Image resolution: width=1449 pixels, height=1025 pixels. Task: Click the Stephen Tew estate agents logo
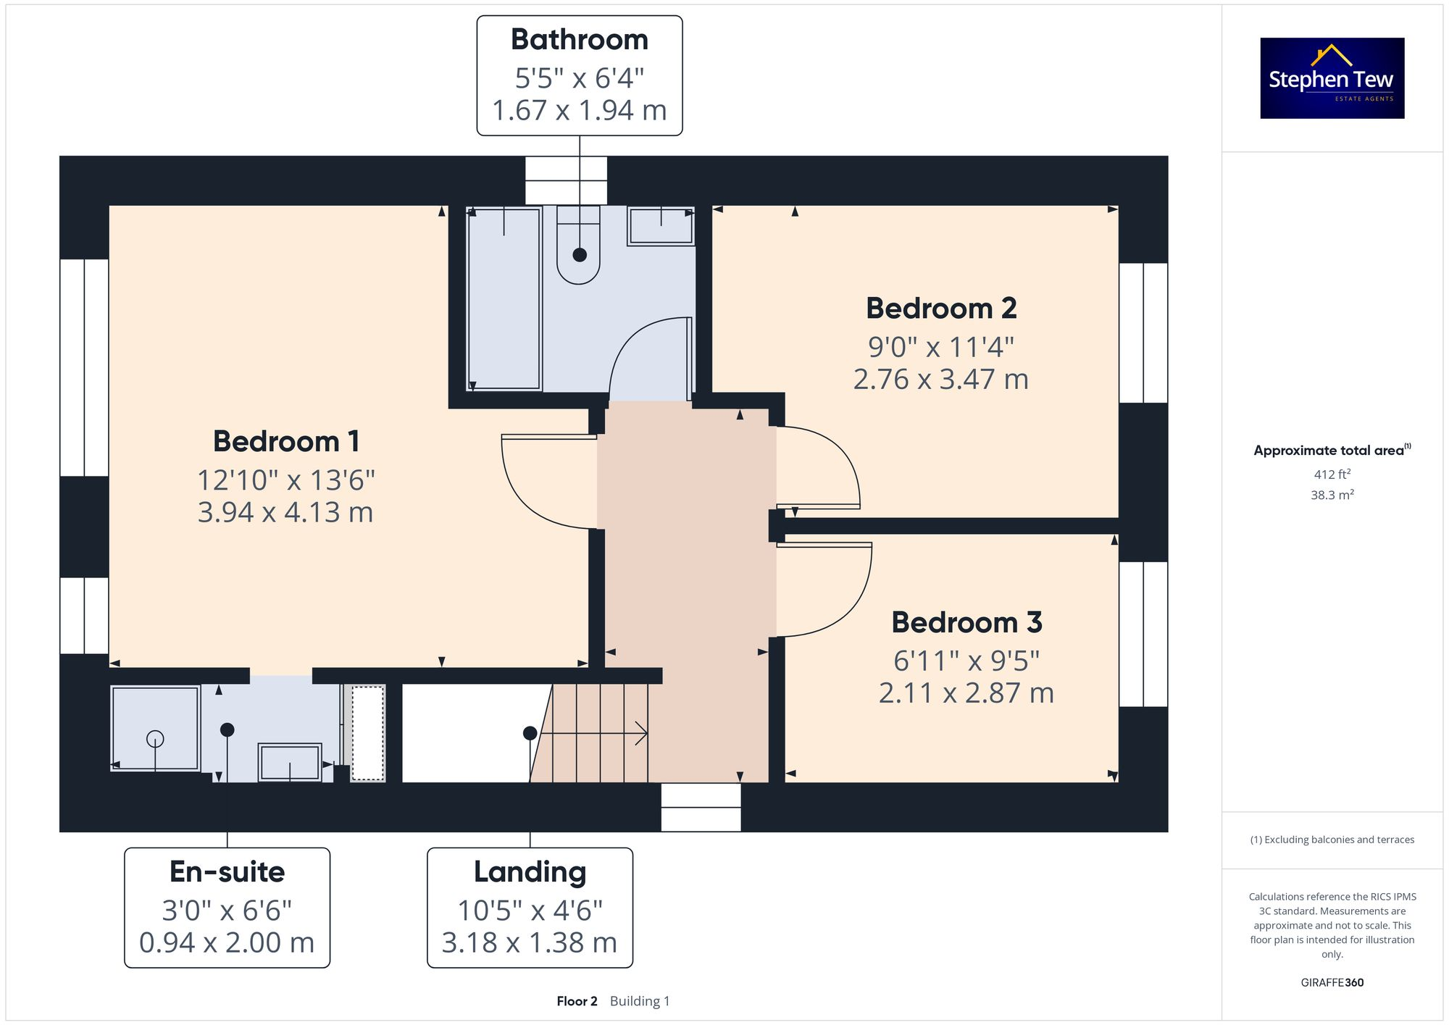point(1332,78)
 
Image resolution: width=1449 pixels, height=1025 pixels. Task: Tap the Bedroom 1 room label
point(286,441)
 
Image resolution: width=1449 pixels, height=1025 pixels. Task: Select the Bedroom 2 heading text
point(941,309)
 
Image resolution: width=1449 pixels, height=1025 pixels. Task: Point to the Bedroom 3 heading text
point(966,622)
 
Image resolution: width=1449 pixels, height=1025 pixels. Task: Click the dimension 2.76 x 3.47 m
point(940,380)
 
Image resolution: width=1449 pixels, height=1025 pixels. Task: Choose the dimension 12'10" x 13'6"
point(286,480)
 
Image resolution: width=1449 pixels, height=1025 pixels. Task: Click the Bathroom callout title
point(579,40)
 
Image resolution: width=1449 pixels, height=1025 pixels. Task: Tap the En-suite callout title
point(227,872)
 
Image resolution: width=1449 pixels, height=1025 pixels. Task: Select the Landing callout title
point(530,872)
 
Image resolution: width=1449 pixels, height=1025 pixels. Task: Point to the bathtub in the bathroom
point(504,298)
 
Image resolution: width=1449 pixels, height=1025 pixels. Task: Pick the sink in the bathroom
point(661,226)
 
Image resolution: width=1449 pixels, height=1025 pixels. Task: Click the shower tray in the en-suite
point(155,728)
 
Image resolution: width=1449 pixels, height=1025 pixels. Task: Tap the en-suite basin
point(290,762)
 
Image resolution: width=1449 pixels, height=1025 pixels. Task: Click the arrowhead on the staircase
point(642,733)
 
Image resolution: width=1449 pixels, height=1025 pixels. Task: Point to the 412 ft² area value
point(1332,474)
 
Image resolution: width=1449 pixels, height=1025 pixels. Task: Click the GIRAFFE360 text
point(1332,983)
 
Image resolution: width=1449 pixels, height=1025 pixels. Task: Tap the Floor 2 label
point(577,1001)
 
